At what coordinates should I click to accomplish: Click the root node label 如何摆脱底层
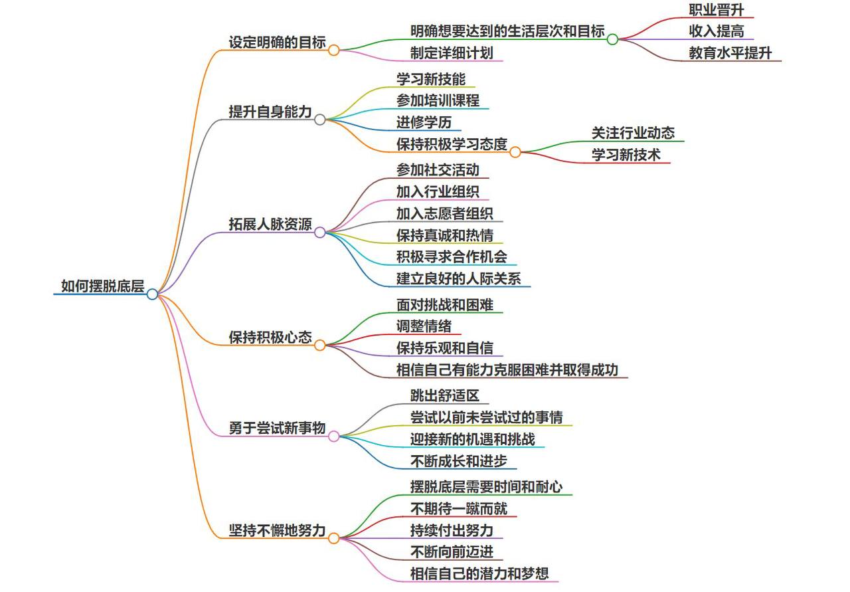point(102,286)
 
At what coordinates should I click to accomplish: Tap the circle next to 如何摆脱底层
point(152,294)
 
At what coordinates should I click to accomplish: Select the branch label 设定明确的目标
point(277,42)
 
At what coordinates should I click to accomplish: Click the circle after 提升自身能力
point(319,120)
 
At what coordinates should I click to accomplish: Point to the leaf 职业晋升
point(716,10)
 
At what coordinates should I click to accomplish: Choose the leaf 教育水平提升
point(730,53)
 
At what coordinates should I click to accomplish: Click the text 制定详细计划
point(452,53)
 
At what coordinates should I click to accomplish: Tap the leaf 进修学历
point(424,123)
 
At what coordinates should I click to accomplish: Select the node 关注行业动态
point(633,133)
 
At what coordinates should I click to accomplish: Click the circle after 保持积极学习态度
point(515,152)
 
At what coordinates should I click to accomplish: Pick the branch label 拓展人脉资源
point(270,225)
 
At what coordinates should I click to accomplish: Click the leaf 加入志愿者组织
point(444,213)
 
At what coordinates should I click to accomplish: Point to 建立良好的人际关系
point(458,278)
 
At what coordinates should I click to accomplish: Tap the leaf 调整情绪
point(424,326)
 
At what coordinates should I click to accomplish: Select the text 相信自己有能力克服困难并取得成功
point(507,369)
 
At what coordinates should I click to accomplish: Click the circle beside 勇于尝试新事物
point(333,436)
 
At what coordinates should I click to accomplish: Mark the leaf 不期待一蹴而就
point(458,508)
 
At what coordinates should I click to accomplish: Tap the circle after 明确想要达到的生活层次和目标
point(612,39)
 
